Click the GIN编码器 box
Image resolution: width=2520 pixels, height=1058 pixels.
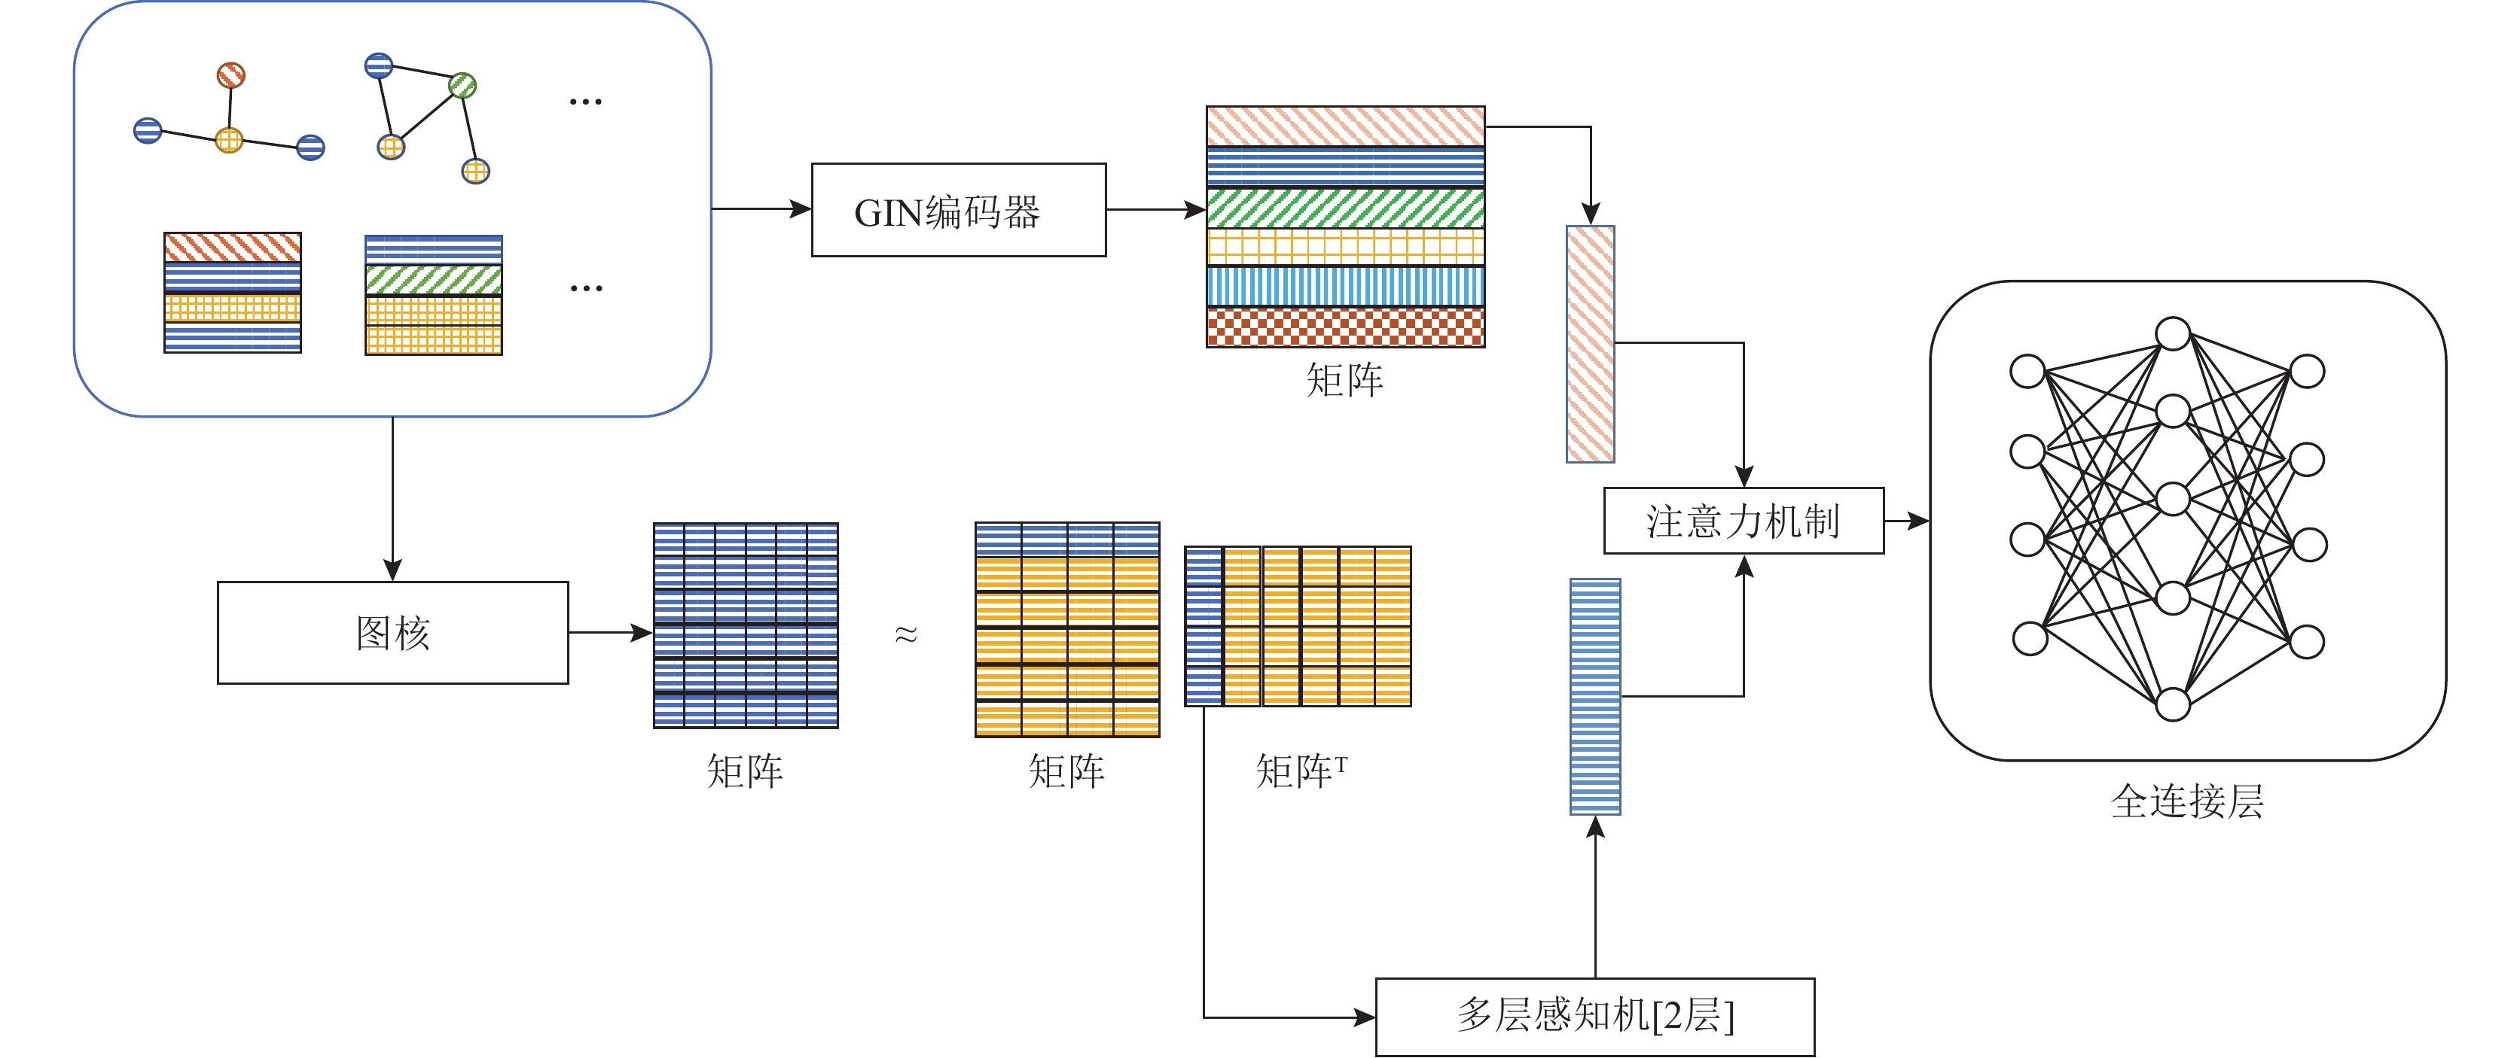click(x=958, y=210)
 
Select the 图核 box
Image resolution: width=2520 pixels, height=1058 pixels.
click(x=392, y=633)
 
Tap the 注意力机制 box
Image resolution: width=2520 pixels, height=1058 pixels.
click(x=1744, y=520)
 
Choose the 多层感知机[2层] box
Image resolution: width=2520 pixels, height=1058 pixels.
click(x=1594, y=1016)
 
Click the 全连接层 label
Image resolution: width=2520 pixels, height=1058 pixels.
click(x=2186, y=802)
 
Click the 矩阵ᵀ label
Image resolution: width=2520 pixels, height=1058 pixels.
click(x=1300, y=771)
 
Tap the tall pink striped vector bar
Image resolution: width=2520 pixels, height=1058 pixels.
click(x=1590, y=344)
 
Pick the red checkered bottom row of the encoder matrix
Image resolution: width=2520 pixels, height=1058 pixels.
click(x=1345, y=327)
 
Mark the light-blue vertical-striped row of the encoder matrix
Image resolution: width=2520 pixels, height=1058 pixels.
click(x=1345, y=287)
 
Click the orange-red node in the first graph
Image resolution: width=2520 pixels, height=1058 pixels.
click(x=231, y=75)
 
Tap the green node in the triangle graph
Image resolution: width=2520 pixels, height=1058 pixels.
click(x=462, y=86)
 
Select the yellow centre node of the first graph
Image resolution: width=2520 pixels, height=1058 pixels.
click(x=229, y=140)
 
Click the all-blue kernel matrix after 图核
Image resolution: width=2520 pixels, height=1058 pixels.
click(x=746, y=626)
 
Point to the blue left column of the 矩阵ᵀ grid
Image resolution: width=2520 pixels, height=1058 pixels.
click(x=1204, y=626)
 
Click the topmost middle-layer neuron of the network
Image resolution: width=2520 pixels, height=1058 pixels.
click(x=2173, y=333)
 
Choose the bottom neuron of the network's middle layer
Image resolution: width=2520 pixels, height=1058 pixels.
click(x=2173, y=704)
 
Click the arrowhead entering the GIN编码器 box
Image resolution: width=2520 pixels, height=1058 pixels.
click(x=801, y=208)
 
